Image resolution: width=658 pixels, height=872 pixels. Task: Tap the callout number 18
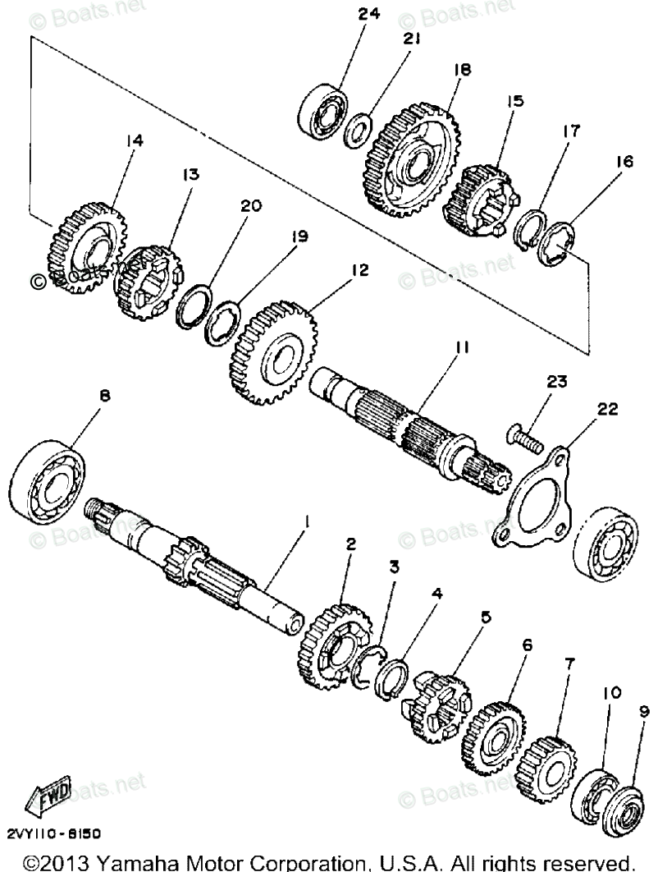pos(461,71)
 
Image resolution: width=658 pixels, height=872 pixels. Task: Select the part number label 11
pos(462,347)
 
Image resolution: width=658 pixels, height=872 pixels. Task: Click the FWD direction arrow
pos(51,794)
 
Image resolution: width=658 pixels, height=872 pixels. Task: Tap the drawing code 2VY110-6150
pos(54,833)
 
